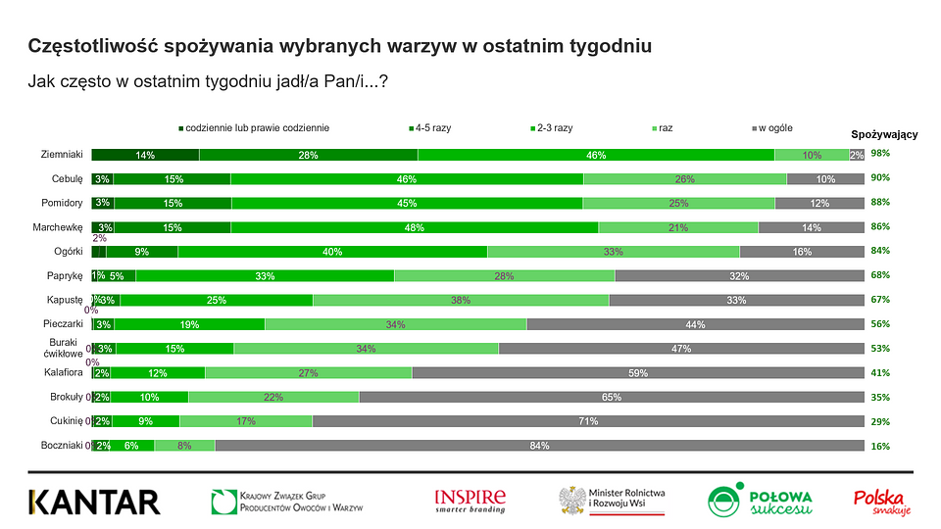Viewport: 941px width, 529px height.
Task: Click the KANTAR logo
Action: point(94,502)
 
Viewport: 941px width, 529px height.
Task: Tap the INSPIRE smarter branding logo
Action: point(470,502)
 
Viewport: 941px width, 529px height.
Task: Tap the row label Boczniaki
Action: point(62,445)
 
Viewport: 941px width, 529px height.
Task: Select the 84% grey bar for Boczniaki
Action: point(539,445)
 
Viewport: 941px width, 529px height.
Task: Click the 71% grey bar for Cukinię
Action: point(588,421)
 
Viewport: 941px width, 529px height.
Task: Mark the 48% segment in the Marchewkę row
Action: point(415,227)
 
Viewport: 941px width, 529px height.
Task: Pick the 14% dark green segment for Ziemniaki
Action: point(146,154)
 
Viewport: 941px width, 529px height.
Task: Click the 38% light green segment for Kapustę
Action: point(461,300)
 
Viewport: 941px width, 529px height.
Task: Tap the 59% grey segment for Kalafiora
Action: point(638,372)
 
